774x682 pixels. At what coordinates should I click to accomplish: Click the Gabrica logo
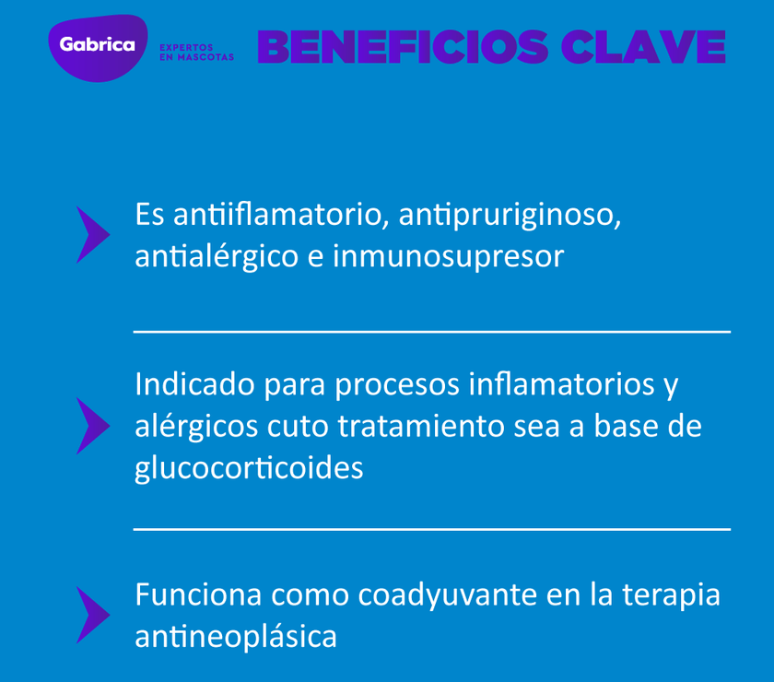pyautogui.click(x=97, y=45)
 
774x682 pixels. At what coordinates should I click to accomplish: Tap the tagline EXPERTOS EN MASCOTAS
pyautogui.click(x=196, y=52)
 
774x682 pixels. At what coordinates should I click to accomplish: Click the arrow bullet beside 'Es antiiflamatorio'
pyautogui.click(x=91, y=235)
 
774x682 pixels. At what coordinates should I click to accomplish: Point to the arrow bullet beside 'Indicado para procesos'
pyautogui.click(x=91, y=426)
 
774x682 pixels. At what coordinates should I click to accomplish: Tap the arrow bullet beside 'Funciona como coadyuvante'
pyautogui.click(x=91, y=615)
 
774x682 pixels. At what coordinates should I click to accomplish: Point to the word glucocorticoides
pyautogui.click(x=249, y=467)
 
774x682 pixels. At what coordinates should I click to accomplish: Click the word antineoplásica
pyautogui.click(x=236, y=636)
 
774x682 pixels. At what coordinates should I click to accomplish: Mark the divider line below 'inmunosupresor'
pyautogui.click(x=431, y=331)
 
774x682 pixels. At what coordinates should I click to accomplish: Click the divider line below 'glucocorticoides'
pyautogui.click(x=431, y=529)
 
